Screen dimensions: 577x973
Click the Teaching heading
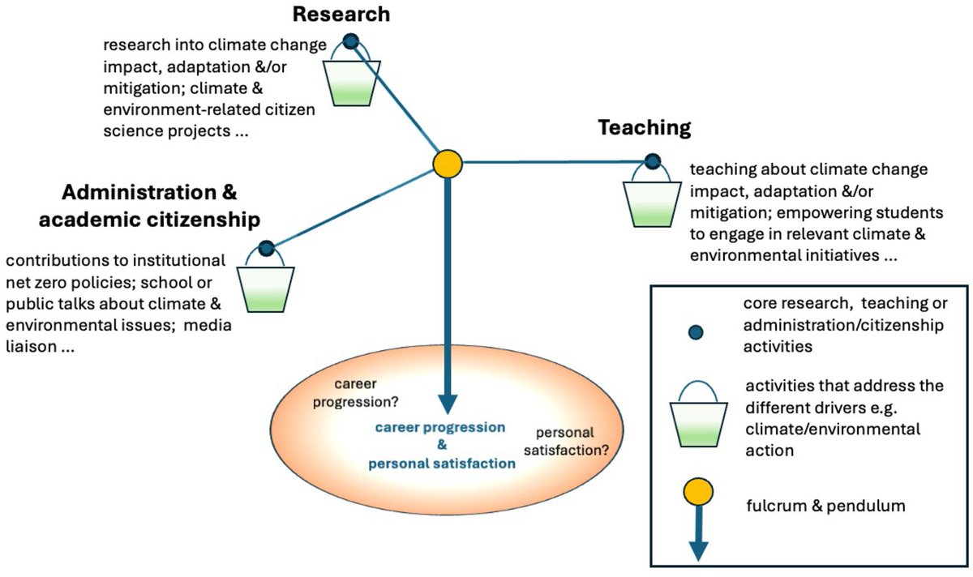[x=645, y=127]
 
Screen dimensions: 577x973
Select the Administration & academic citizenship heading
[x=161, y=206]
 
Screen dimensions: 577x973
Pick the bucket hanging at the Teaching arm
[x=651, y=203]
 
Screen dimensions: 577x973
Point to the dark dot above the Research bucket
[x=350, y=41]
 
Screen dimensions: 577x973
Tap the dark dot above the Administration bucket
[x=265, y=249]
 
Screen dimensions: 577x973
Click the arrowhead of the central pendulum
[x=447, y=403]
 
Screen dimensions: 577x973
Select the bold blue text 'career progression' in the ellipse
[x=440, y=427]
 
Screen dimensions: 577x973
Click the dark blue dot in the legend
[x=695, y=331]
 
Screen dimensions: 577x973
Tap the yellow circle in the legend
[x=697, y=491]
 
